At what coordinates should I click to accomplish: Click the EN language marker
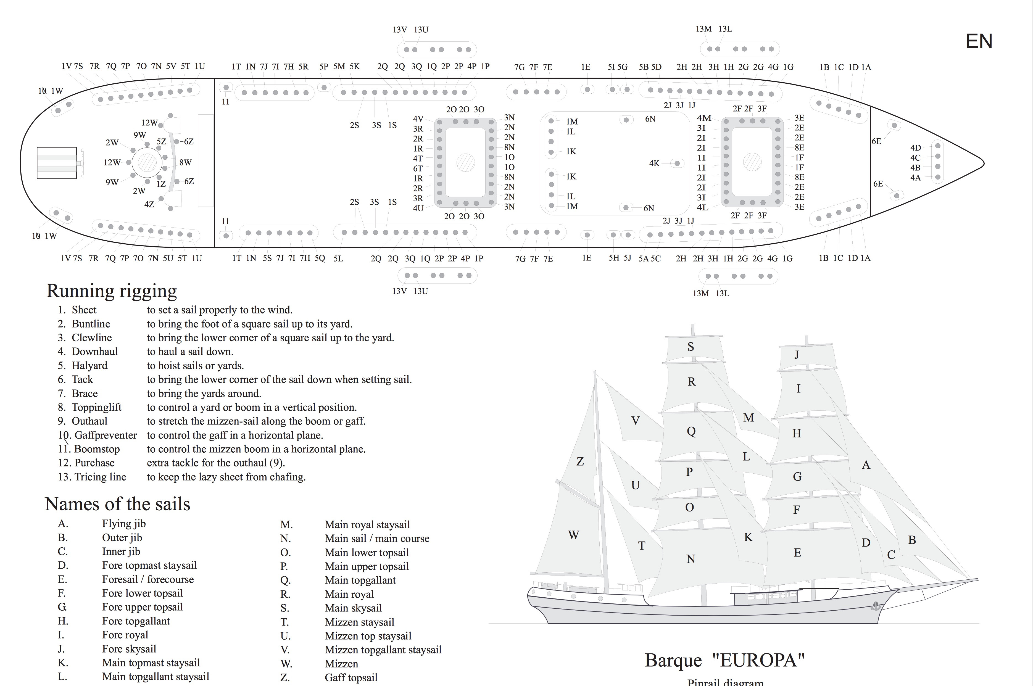pos(979,41)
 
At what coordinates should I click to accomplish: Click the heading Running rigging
pos(112,291)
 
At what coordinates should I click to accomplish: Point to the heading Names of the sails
pos(117,504)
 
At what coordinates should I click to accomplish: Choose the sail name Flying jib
pos(124,524)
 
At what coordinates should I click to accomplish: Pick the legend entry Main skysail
pos(353,608)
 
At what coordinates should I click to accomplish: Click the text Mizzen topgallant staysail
pos(383,650)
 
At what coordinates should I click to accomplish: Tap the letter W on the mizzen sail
pos(573,535)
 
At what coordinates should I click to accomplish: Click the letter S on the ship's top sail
pos(691,347)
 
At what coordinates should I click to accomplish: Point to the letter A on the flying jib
pos(866,465)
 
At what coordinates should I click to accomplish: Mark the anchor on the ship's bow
pos(875,606)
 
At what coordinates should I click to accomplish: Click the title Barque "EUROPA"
pos(724,660)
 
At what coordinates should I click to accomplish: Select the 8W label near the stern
pos(185,162)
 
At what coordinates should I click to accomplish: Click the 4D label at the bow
pos(915,148)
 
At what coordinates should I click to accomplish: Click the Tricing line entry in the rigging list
pos(100,477)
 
